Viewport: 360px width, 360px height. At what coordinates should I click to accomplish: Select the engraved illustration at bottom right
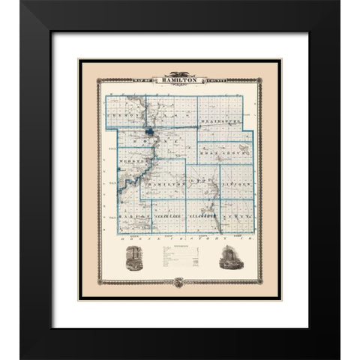pos(228,260)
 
